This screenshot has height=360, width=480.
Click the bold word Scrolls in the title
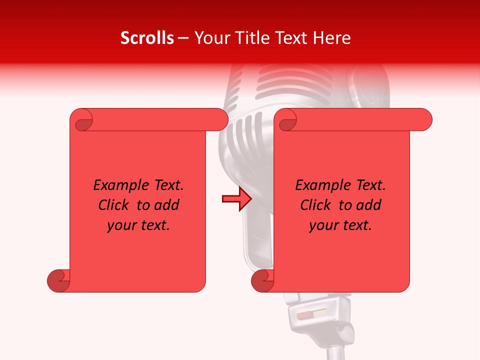147,38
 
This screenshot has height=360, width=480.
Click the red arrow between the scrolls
236,199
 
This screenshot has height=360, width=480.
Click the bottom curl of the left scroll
57,280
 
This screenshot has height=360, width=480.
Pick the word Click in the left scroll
115,205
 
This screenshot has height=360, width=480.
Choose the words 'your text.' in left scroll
138,225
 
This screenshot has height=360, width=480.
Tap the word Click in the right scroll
317,205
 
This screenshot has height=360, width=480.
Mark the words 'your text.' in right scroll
340,225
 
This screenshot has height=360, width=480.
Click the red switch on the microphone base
304,315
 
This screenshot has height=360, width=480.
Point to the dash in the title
183,38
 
